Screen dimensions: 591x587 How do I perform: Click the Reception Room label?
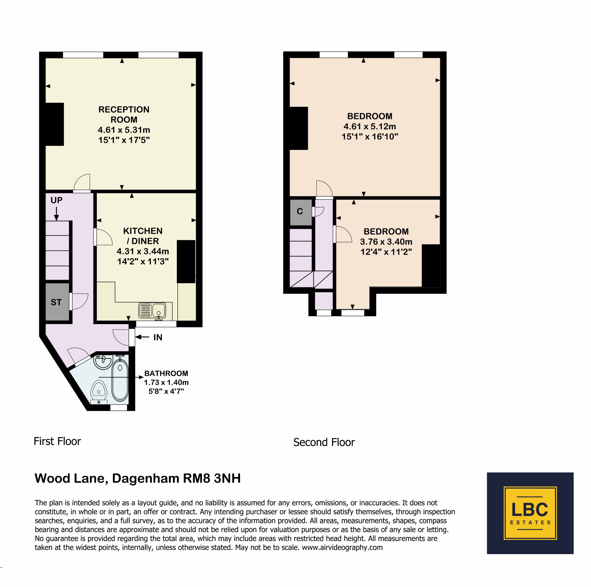124,125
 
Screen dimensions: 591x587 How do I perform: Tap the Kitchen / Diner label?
143,246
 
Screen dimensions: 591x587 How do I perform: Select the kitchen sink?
152,310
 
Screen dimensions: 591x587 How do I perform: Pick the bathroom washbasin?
103,362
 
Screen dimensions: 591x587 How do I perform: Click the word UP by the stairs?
57,200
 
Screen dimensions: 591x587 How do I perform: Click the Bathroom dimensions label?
166,382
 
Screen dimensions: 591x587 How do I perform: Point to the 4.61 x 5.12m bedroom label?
370,126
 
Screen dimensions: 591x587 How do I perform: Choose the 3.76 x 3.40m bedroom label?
386,242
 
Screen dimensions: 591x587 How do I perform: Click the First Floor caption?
57,441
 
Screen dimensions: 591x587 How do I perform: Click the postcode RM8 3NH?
212,478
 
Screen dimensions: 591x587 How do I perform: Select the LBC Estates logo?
530,513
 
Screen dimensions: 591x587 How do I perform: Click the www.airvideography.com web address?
342,547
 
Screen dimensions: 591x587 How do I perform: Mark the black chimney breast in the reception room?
54,124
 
